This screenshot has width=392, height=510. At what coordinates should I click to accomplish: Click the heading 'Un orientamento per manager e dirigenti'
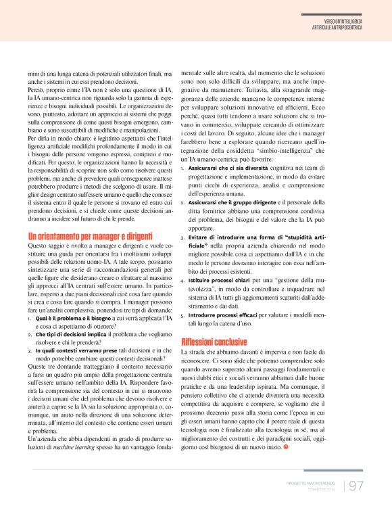pos(91,237)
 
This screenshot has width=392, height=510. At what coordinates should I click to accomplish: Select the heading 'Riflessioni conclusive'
pos(214,342)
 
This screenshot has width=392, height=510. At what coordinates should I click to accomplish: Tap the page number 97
pos(358,486)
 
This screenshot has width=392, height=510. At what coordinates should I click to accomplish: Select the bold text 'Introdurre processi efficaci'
pos(225,315)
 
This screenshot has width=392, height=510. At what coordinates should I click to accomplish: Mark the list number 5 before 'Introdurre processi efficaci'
pos(183,315)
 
